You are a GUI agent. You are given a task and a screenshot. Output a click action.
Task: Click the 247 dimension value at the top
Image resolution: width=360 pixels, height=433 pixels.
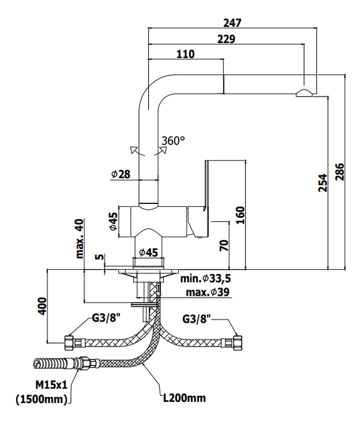coord(232,23)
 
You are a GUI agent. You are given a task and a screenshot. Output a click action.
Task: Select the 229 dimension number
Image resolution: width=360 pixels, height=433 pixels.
coord(226,39)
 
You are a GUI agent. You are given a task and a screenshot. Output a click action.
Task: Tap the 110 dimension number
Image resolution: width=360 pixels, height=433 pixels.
coord(185,54)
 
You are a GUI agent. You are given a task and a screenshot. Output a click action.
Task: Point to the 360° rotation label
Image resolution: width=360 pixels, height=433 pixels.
coord(173,141)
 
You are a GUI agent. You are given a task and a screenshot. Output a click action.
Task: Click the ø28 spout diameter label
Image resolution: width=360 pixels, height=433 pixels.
coord(121,174)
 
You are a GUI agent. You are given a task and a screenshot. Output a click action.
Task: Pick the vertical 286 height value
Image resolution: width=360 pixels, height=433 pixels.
coord(340,172)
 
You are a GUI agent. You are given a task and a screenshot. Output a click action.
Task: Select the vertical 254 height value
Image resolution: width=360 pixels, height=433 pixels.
coord(322,183)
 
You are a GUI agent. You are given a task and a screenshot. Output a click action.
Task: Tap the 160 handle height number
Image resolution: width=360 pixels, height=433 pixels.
coord(240,215)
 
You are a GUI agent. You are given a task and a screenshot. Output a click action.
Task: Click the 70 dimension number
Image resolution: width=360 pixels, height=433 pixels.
coord(224,245)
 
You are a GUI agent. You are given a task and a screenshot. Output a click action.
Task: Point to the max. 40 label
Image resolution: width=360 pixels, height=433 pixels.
coord(79,238)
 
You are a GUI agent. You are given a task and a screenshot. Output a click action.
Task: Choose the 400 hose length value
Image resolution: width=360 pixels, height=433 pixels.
coord(42,306)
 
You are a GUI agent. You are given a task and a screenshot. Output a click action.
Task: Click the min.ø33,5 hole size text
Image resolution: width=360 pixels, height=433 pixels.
coord(205,279)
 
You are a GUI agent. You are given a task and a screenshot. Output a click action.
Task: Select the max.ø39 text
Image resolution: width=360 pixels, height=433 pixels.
coord(208,292)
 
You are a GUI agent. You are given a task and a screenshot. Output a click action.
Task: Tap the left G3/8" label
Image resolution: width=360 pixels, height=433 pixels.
coord(106,318)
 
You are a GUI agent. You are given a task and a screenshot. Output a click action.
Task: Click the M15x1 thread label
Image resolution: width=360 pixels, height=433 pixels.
coord(52,384)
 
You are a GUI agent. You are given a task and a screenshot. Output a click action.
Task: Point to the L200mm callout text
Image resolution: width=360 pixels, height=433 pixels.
coord(184,398)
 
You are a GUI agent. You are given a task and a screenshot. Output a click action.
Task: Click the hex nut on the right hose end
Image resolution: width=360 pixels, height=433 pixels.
coord(238,342)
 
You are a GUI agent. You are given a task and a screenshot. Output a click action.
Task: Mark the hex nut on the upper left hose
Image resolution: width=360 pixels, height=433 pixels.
coord(69,342)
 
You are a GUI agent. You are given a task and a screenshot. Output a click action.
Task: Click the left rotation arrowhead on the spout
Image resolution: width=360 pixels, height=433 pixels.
coord(133,150)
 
